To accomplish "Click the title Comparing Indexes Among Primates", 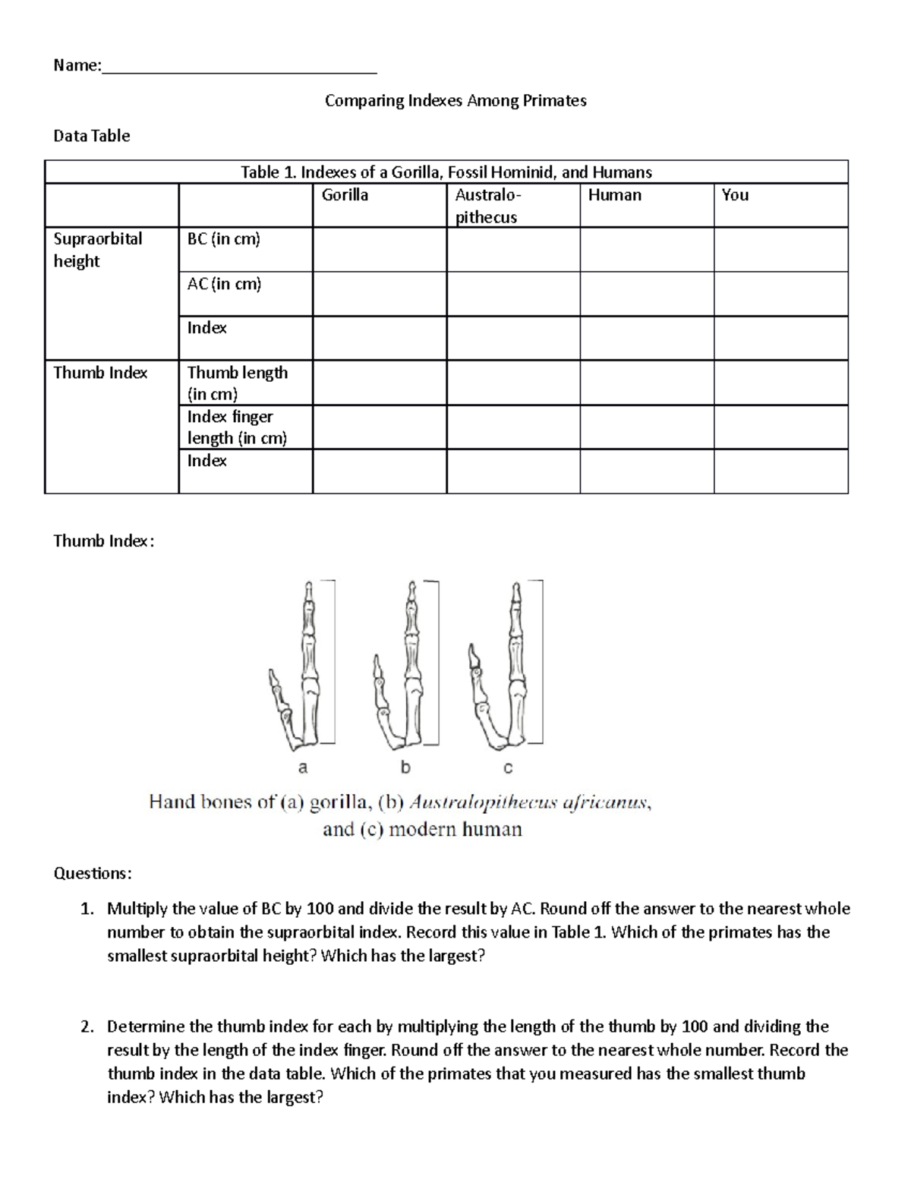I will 455,100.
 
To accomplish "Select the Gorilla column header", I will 345,195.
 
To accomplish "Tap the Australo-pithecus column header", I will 487,206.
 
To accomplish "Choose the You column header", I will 735,195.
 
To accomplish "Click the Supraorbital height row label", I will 98,250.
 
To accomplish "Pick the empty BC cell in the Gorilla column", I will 379,250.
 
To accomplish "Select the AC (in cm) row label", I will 224,284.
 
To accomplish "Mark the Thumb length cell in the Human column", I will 646,383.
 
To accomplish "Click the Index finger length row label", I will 237,427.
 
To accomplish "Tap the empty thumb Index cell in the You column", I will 780,471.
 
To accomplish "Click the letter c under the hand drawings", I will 508,768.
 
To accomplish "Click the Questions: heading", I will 92,873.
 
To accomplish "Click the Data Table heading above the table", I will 91,136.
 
